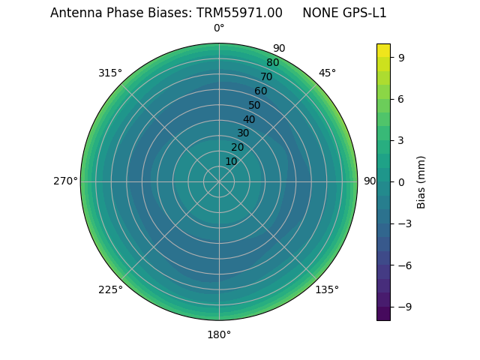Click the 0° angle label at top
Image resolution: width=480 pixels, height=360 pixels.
pyautogui.click(x=219, y=28)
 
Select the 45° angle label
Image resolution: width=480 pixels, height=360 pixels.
pyautogui.click(x=327, y=73)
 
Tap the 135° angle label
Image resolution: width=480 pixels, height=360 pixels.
pyautogui.click(x=327, y=289)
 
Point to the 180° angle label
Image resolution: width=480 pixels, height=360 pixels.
pyautogui.click(x=219, y=334)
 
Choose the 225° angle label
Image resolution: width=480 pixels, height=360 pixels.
pyautogui.click(x=110, y=289)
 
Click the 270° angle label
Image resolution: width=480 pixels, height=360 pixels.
pyautogui.click(x=65, y=181)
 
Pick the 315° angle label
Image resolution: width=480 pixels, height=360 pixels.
pyautogui.click(x=110, y=73)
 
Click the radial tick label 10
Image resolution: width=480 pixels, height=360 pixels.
pyautogui.click(x=231, y=161)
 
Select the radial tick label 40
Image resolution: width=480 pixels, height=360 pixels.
pyautogui.click(x=249, y=119)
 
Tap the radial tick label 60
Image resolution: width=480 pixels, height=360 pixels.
pyautogui.click(x=260, y=91)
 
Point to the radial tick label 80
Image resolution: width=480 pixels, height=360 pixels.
pyautogui.click(x=272, y=63)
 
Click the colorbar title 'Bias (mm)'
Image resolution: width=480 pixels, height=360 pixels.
pyautogui.click(x=421, y=181)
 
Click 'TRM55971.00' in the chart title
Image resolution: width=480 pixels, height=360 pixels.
pyautogui.click(x=240, y=13)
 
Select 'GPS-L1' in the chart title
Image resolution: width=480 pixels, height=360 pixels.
pyautogui.click(x=365, y=13)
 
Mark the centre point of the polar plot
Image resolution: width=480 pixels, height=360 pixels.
pyautogui.click(x=219, y=181)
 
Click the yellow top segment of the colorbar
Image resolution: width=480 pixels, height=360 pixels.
pyautogui.click(x=383, y=50)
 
